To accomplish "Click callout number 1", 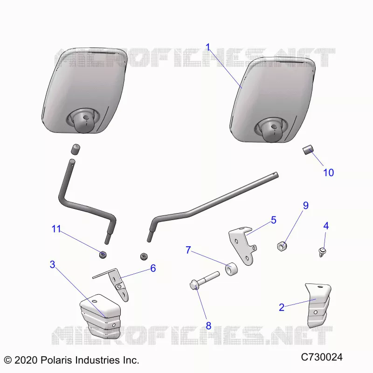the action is pyautogui.click(x=208, y=48).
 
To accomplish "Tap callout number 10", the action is pyautogui.click(x=328, y=173).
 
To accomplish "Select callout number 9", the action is pyautogui.click(x=306, y=206).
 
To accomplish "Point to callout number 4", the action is pyautogui.click(x=326, y=226).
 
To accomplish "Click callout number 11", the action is pyautogui.click(x=56, y=229).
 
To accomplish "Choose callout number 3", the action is pyautogui.click(x=53, y=264).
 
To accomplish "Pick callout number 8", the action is pyautogui.click(x=208, y=325).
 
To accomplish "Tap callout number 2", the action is pyautogui.click(x=282, y=307).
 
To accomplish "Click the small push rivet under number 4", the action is pyautogui.click(x=322, y=252).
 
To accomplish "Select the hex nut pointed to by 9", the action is pyautogui.click(x=282, y=246).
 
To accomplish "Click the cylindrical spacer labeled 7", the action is pyautogui.click(x=231, y=269).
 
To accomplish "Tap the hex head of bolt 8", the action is pyautogui.click(x=194, y=284).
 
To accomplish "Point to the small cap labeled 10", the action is pyautogui.click(x=308, y=150).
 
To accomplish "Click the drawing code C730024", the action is pyautogui.click(x=322, y=357).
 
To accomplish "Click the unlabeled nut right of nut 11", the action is pyautogui.click(x=144, y=256).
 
